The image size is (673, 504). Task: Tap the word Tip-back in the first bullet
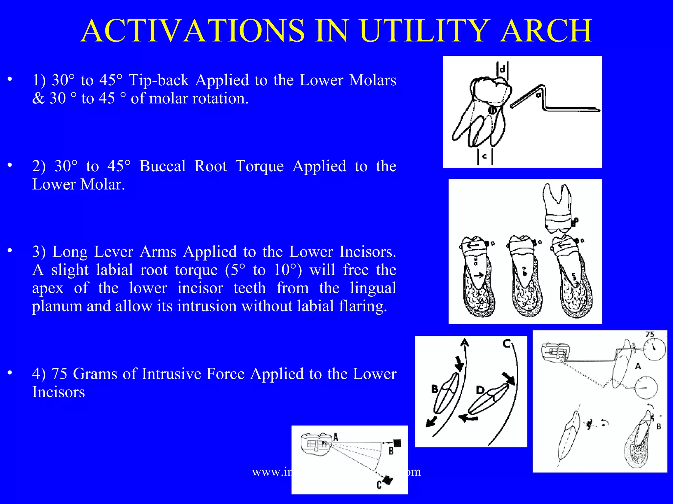tap(159, 80)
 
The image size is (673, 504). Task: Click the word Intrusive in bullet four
tap(156, 374)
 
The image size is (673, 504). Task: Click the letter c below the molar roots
tap(484, 157)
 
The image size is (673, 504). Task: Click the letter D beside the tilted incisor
tap(480, 390)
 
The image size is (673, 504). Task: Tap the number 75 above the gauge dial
tap(650, 334)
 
